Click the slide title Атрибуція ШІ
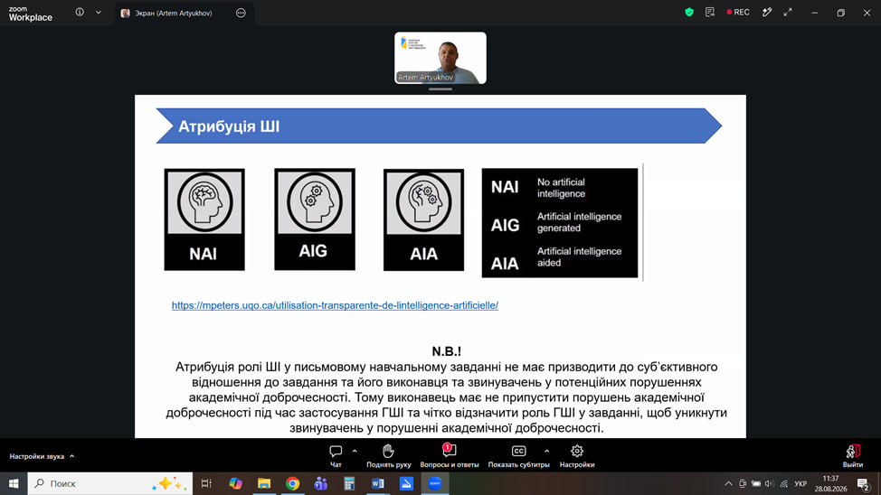click(x=229, y=126)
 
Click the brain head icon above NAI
click(x=204, y=202)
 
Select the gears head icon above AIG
click(x=315, y=201)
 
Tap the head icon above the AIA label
click(x=423, y=202)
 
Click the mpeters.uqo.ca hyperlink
click(x=335, y=305)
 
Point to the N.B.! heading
click(x=446, y=351)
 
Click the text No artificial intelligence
click(x=562, y=188)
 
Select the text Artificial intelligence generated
click(x=579, y=222)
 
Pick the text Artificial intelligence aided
click(x=579, y=257)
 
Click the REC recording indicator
click(x=738, y=13)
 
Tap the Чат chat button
click(x=336, y=456)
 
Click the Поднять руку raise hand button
click(x=388, y=456)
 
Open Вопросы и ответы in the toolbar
click(x=450, y=456)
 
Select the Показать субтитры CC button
click(x=518, y=456)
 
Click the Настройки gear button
click(x=577, y=456)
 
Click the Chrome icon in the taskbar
click(x=293, y=484)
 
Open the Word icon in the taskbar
click(x=377, y=484)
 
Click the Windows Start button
click(x=14, y=484)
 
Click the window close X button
click(x=867, y=13)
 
